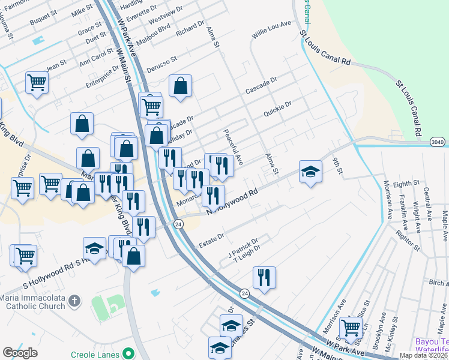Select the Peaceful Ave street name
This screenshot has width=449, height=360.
pyautogui.click(x=232, y=147)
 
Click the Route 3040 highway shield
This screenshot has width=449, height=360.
pyautogui.click(x=438, y=142)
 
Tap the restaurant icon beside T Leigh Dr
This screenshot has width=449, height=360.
pyautogui.click(x=264, y=277)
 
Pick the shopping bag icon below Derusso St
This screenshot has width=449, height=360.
pyautogui.click(x=180, y=86)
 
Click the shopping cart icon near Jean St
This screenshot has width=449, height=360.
pyautogui.click(x=37, y=81)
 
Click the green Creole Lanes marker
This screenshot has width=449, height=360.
pyautogui.click(x=127, y=352)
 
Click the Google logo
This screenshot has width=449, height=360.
pyautogui.click(x=20, y=352)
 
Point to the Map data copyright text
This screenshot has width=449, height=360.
pyautogui.click(x=423, y=355)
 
